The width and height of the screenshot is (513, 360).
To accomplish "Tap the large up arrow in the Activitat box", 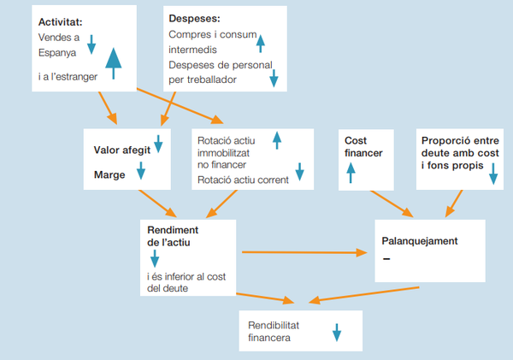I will click(112, 62).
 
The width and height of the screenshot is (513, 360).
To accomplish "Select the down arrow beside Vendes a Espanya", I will click(91, 44).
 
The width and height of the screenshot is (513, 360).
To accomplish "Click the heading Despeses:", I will click(194, 17).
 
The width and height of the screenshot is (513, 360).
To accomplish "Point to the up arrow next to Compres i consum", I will click(260, 40).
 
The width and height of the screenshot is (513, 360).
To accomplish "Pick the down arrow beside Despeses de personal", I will click(274, 80).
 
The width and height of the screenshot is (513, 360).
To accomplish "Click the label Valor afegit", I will click(121, 149).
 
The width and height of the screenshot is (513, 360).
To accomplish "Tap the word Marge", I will click(109, 175).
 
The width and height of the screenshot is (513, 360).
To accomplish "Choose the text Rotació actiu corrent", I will click(243, 180).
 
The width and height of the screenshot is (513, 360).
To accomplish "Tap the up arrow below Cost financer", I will click(350, 174).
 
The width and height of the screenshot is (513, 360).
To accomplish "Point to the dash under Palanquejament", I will click(387, 259).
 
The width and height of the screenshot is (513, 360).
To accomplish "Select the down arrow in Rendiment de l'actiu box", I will click(155, 257).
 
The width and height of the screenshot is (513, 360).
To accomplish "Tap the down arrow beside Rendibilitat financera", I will click(336, 331).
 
